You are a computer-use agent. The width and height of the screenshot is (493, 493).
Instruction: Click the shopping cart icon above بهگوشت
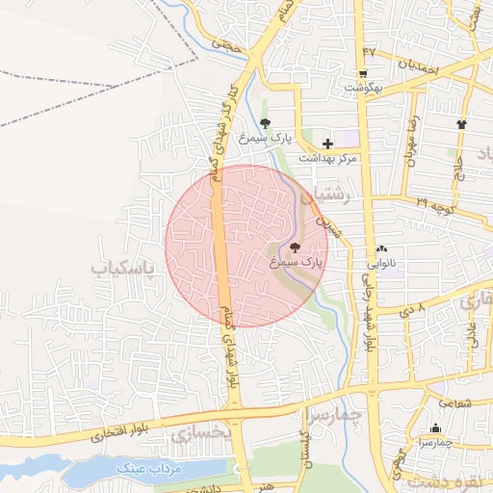362,73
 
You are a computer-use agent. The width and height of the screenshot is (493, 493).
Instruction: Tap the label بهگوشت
363,88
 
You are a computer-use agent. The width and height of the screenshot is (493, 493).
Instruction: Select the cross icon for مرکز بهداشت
327,143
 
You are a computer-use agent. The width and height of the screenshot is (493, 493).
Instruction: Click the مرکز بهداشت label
327,158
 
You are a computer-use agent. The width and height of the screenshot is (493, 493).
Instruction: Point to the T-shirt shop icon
461,124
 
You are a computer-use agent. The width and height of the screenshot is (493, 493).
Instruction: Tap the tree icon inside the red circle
295,248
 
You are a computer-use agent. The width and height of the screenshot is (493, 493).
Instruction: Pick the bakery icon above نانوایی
382,248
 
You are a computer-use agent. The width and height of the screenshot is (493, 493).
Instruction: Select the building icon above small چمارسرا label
436,428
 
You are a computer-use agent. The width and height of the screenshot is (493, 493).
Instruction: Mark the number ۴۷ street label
370,50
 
